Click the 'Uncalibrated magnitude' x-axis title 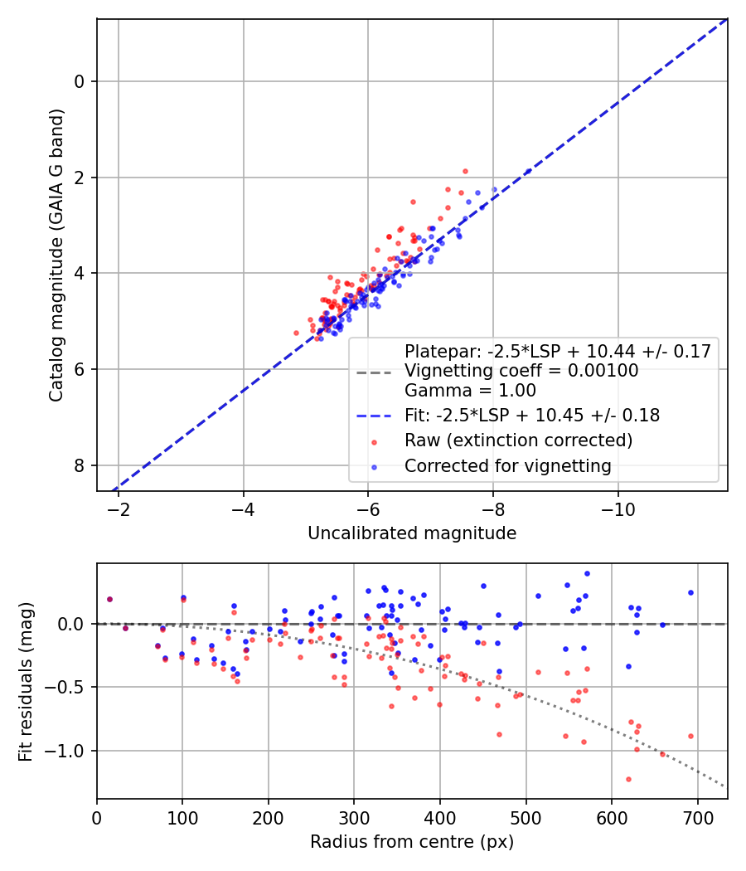point(412,533)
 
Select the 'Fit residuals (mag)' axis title point(27,681)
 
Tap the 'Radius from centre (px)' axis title point(412,842)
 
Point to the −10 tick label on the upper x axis point(618,508)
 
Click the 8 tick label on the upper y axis point(80,465)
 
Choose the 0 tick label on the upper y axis point(80,81)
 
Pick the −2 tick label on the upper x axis point(119,508)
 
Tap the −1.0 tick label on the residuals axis point(70,752)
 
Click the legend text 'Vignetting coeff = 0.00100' point(521,372)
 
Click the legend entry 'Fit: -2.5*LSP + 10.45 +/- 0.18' point(532,416)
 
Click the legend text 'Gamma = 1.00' point(470,390)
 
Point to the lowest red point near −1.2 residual point(628,779)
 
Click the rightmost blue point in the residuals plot point(690,593)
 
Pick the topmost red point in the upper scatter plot point(465,171)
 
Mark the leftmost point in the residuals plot point(109,599)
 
